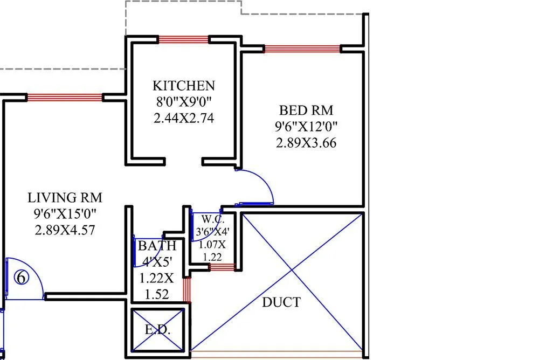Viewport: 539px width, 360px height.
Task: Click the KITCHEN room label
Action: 183,86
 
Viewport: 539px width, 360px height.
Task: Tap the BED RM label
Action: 306,110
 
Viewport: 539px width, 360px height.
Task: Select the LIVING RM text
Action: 65,197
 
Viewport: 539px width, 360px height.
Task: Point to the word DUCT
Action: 281,302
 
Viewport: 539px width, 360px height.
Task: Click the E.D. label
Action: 158,330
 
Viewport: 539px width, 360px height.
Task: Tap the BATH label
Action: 156,247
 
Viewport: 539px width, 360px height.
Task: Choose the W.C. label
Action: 210,219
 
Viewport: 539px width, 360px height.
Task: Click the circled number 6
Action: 21,278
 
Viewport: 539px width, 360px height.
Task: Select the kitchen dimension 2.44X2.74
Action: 183,118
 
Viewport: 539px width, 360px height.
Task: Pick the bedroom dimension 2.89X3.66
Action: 306,143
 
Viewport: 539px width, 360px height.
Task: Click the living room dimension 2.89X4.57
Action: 65,230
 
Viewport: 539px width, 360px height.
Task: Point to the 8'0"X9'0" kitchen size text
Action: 183,102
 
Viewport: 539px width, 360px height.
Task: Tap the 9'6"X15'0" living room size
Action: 65,214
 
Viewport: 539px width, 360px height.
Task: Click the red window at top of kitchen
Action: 183,39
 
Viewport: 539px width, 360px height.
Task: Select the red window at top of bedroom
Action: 302,49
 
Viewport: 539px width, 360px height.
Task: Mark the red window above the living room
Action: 65,98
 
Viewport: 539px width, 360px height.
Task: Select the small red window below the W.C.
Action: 222,267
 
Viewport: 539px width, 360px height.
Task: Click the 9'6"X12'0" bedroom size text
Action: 306,127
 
